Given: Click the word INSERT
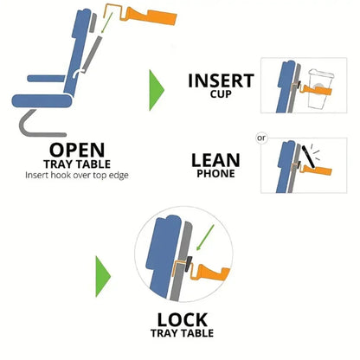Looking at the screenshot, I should [221, 81].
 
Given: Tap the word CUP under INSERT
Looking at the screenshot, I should [221, 96].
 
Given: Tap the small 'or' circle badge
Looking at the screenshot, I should [260, 137].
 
